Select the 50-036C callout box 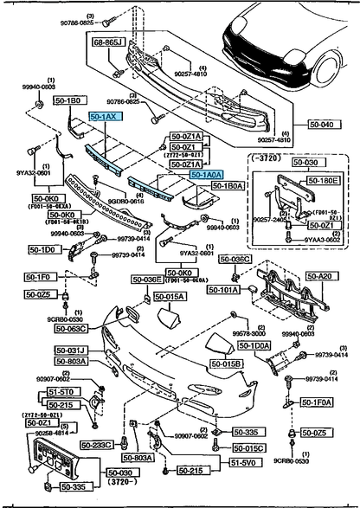pos(235,259)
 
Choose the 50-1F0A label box pos(318,402)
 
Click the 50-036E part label pos(146,280)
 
